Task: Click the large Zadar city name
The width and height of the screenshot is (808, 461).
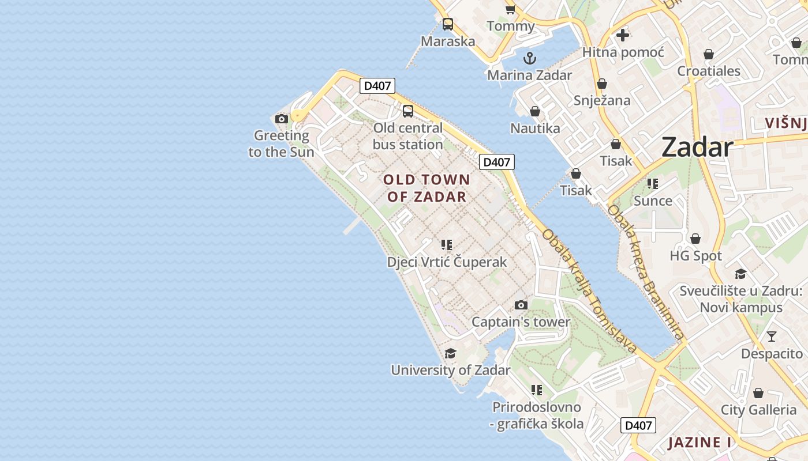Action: coord(697,147)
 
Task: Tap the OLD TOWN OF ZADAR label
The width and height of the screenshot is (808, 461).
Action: coord(427,188)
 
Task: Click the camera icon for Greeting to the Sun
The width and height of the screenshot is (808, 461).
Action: coord(282,119)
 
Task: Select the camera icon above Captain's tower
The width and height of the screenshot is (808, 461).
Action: coord(521,305)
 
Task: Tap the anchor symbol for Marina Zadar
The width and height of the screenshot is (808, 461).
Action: coord(529,58)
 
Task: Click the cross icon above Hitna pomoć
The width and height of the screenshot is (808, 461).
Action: coord(623,35)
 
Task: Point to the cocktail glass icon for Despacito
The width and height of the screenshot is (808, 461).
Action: coord(772,337)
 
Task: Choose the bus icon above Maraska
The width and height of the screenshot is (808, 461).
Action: coord(448,24)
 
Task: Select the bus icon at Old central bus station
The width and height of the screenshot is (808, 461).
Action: coord(408,111)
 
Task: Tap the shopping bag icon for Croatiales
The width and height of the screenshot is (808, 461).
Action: coord(709,54)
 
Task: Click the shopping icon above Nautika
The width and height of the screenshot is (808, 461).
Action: coord(535,111)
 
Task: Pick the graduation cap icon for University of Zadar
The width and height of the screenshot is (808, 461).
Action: coord(450,353)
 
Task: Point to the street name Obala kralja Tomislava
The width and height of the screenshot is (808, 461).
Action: coord(589,291)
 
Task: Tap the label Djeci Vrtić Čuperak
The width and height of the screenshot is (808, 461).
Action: coord(447,262)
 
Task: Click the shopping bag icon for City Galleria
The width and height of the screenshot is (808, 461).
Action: coord(758,393)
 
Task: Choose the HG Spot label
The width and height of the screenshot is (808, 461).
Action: coord(695,256)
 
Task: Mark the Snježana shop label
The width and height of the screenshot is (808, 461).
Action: coord(602,100)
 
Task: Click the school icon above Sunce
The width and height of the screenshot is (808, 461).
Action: coord(653,184)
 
